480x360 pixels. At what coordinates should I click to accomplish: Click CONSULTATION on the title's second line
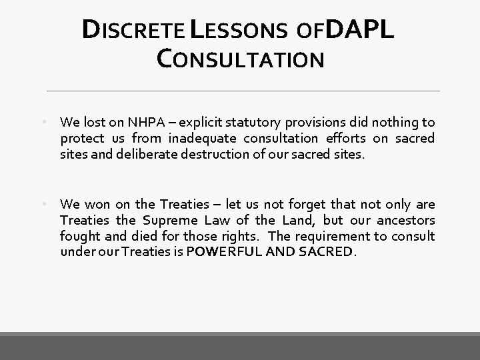click(x=240, y=59)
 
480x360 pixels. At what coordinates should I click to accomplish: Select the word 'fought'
click(x=78, y=236)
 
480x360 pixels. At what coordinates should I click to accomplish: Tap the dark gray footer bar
click(x=240, y=347)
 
